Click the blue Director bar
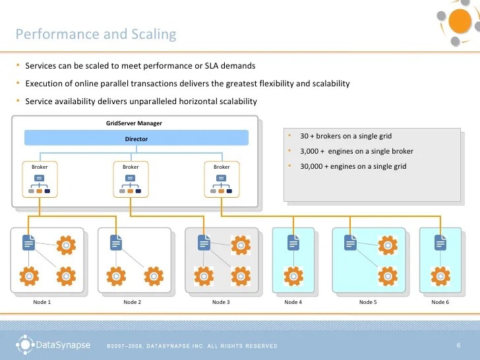coord(136,138)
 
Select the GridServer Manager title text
coord(134,123)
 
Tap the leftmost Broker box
coord(40,179)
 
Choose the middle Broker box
coord(131,179)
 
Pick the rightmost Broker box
coord(222,179)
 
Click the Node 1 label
coord(42,302)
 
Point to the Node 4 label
coord(293,302)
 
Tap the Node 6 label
coord(440,302)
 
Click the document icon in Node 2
coord(116,243)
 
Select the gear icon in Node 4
coord(293,276)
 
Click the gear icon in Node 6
coord(440,276)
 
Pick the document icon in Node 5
coord(350,243)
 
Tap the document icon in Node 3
coord(204,243)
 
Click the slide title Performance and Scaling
coord(96,34)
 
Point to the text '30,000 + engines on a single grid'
coord(353,166)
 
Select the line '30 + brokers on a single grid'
coord(346,136)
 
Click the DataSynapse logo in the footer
coord(53,345)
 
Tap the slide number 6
coord(459,345)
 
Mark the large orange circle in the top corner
coord(460,21)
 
